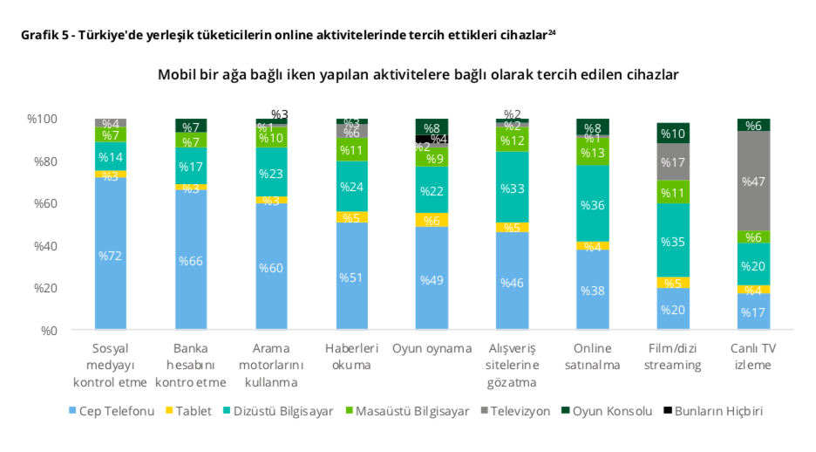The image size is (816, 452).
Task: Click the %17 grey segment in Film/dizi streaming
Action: pos(672,162)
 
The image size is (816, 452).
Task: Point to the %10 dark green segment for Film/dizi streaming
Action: pos(672,133)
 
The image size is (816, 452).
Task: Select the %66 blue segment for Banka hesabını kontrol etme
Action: pos(190,260)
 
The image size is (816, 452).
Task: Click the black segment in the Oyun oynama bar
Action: pos(432,139)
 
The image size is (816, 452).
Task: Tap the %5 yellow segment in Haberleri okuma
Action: pos(351,217)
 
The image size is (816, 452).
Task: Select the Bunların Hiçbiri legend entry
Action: pos(718,411)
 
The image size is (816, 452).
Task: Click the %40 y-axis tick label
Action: pos(44,246)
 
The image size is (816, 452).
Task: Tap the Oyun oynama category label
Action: pos(432,348)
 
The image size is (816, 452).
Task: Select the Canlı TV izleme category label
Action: pos(753,356)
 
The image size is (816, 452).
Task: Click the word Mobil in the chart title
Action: pos(175,75)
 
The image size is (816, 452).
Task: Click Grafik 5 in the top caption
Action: pos(38,36)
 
